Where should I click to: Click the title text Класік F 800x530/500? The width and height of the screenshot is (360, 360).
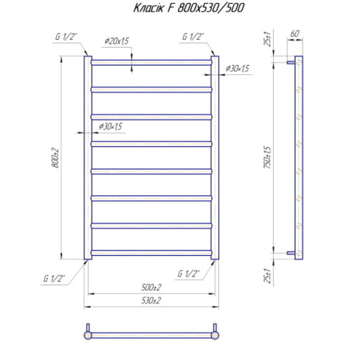click(189, 8)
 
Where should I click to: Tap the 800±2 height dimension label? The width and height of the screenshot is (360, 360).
click(55, 158)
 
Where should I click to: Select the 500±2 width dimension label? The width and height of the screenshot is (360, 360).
click(151, 287)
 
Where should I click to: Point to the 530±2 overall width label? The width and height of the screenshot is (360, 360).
click(151, 300)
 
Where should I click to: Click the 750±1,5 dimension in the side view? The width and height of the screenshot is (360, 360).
click(267, 157)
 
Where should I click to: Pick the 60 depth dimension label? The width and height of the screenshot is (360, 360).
click(295, 34)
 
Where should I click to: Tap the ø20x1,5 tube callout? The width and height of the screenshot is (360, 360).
click(117, 41)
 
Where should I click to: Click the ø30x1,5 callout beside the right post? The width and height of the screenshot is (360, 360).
click(238, 68)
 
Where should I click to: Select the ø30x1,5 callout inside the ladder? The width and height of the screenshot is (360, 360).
click(110, 126)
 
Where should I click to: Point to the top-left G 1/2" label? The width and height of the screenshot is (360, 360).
click(66, 36)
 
